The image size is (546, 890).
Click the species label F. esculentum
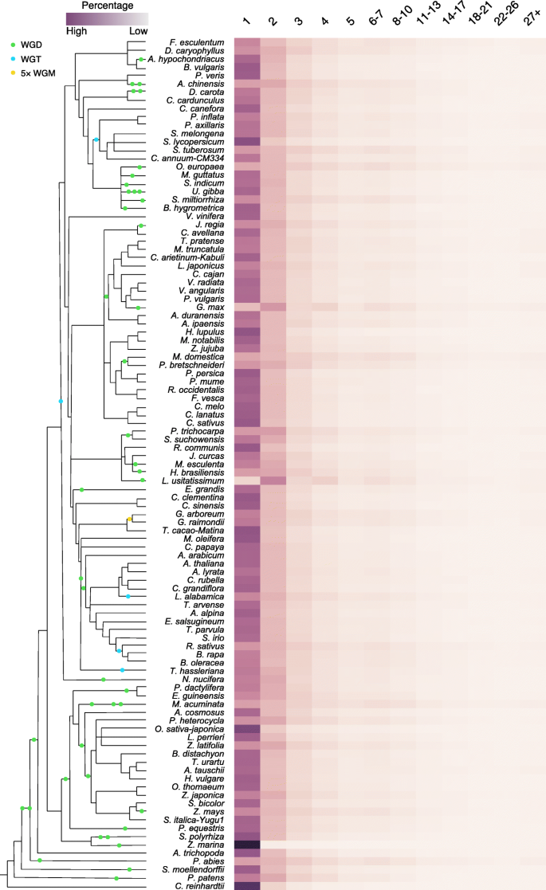tap(198, 41)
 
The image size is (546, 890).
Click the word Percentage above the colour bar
tap(108, 5)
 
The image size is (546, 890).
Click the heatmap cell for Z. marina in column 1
tap(247, 844)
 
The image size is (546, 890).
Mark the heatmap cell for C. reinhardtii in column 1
tap(247, 885)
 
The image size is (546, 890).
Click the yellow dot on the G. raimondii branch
tap(128, 519)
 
